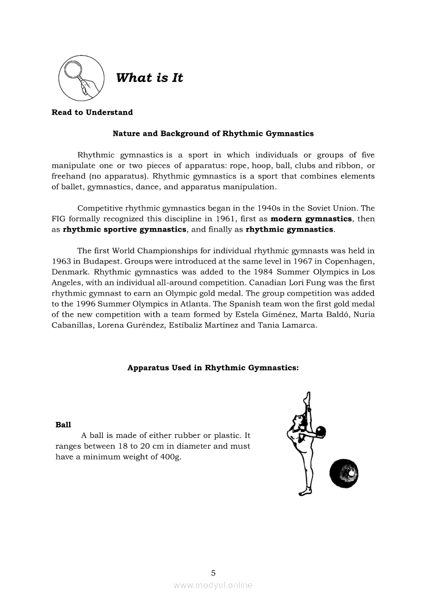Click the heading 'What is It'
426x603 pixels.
[x=150, y=78]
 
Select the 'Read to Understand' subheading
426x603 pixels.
[x=92, y=112]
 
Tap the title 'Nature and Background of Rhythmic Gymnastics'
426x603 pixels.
[x=213, y=134]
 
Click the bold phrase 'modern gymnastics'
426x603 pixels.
[x=312, y=219]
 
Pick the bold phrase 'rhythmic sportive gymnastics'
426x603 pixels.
[x=124, y=229]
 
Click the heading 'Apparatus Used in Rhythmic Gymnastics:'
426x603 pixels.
[x=213, y=368]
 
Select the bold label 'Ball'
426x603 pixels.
[x=63, y=425]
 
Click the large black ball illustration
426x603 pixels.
[x=343, y=473]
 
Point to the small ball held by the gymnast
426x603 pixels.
[x=320, y=431]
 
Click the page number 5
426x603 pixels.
[x=213, y=573]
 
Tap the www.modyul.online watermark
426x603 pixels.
[x=213, y=585]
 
